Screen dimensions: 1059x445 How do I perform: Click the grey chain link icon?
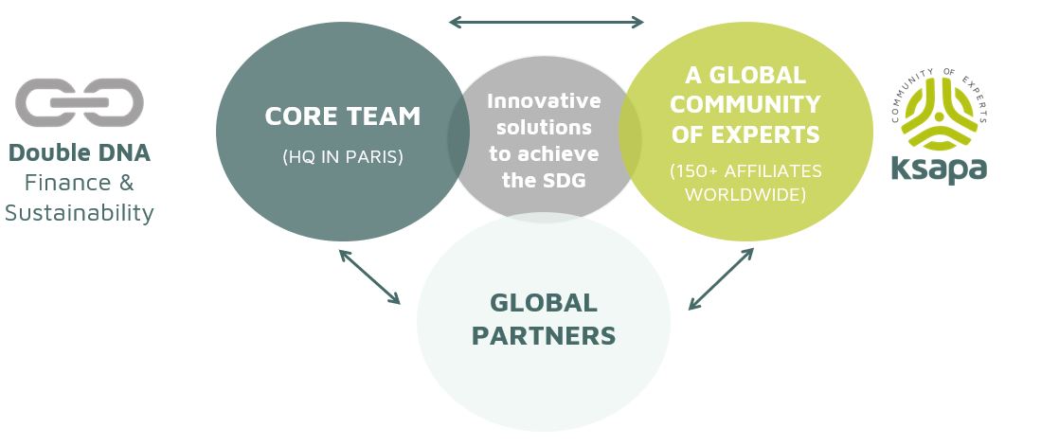[79, 102]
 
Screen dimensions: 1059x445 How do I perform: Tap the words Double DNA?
[79, 153]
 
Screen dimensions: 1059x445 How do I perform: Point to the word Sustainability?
[79, 213]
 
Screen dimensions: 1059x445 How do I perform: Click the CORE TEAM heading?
[342, 116]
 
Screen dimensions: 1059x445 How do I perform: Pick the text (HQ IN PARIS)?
[342, 157]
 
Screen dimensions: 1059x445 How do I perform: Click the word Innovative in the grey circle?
[544, 100]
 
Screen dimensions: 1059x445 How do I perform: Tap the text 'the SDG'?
[544, 180]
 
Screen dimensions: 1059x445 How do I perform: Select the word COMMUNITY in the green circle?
[745, 105]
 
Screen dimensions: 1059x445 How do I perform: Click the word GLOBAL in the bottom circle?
[544, 303]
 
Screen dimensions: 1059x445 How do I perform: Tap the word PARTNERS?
[544, 335]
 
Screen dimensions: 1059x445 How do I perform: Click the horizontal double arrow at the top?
[547, 23]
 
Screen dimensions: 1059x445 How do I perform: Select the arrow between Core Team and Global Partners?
[369, 276]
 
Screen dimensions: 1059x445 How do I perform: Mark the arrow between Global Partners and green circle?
[721, 279]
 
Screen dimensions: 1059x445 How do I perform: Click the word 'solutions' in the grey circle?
[544, 127]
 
